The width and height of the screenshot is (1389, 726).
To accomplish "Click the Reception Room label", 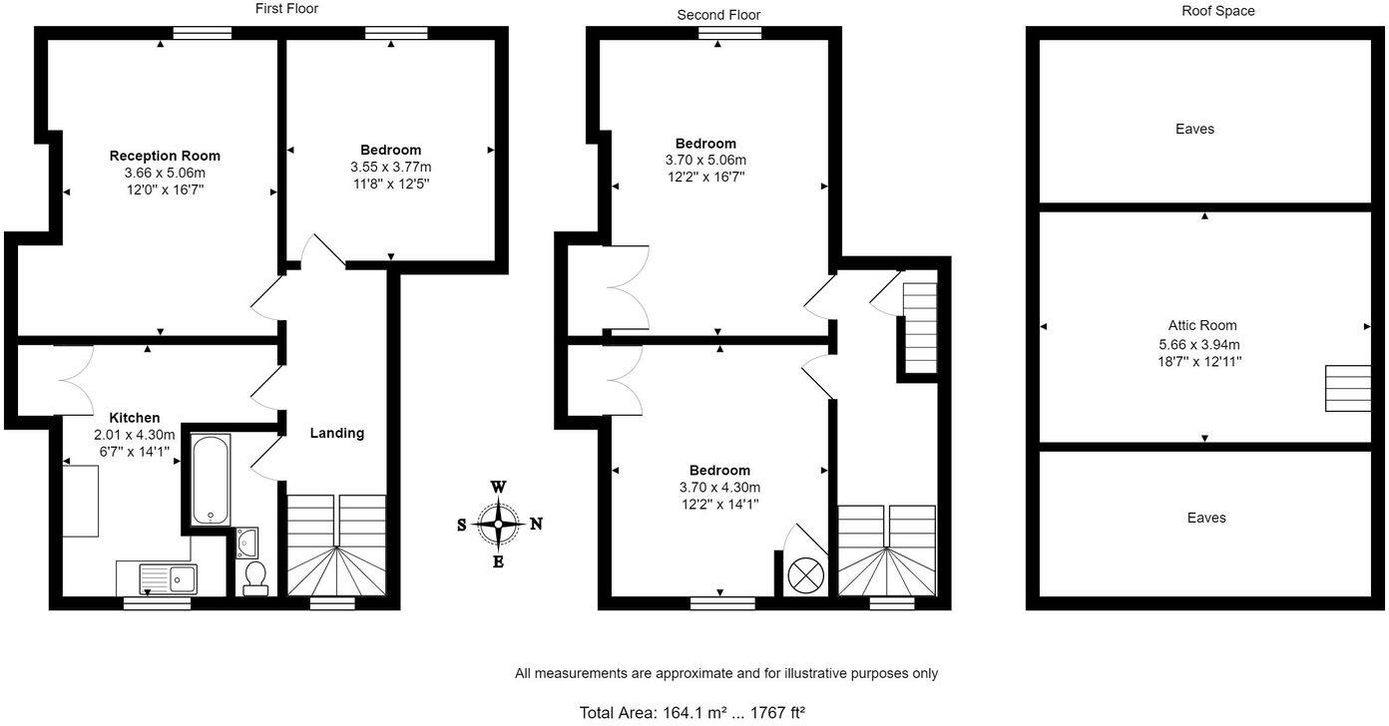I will point(165,156).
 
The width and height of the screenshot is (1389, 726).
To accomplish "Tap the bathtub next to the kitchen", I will point(211,478).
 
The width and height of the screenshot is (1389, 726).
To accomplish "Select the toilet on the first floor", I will point(255,576).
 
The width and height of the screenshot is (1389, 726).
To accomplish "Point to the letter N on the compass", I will point(536,524).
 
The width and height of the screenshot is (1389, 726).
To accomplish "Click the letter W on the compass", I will point(498,487).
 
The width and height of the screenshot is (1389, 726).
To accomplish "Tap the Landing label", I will point(336,433).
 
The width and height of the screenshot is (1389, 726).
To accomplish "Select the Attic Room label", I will point(1202,325).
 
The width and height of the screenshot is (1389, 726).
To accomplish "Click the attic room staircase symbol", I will point(1347,388).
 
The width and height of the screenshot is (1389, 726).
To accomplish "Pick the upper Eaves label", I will point(1194,129).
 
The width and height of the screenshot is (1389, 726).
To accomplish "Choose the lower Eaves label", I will point(1206,518).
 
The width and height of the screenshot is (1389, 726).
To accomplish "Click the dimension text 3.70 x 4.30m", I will point(719,487).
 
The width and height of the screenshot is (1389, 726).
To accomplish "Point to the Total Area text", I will point(692,712).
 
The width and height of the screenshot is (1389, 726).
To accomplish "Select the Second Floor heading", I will point(718,15).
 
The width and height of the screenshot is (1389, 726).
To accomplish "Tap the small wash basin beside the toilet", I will point(247,542).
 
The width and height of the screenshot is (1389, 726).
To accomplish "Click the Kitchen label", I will point(134,418).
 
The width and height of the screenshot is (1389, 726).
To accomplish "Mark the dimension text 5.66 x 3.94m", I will point(1202,343).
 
